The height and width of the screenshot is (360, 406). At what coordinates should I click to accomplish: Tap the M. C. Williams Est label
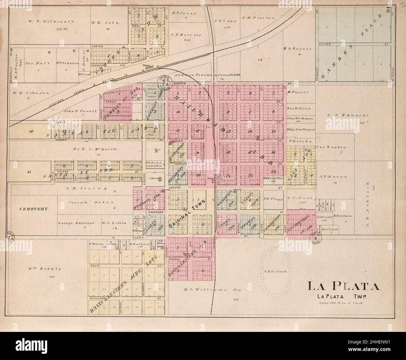point(216,290)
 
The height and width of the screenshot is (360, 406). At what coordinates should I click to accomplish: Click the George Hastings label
point(72,223)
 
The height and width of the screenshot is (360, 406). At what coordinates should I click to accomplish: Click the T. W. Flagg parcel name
point(273,199)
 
